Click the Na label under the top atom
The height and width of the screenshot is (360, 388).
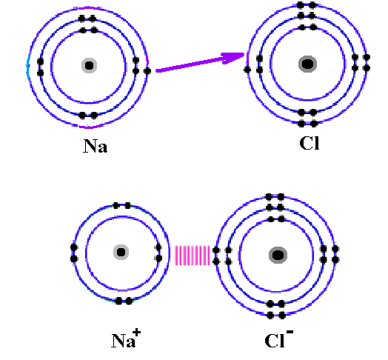click(96, 146)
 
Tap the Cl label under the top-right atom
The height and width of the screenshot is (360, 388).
click(310, 143)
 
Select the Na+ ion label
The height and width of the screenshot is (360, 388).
click(126, 339)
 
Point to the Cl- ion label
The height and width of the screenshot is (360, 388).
click(279, 339)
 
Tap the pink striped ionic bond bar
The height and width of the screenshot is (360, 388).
click(193, 255)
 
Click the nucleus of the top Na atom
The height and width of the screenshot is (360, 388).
click(89, 66)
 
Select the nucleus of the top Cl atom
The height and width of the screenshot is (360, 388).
click(307, 64)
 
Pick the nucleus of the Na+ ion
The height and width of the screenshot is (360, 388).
click(121, 253)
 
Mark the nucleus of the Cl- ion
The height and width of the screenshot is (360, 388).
click(278, 255)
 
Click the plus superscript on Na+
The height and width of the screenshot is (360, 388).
click(136, 333)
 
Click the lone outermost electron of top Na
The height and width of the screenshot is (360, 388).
click(147, 71)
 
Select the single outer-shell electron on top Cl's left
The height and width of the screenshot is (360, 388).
click(247, 70)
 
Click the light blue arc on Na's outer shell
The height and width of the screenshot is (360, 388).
click(28, 67)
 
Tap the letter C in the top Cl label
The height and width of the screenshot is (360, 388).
click(306, 143)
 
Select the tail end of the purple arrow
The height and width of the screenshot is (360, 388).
click(157, 71)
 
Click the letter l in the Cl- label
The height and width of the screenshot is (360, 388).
click(282, 341)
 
